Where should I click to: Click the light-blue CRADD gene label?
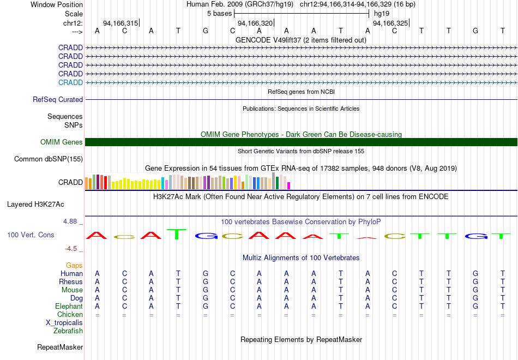[x=70, y=82]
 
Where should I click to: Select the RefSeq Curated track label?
[x=58, y=100]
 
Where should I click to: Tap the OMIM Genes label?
[x=62, y=142]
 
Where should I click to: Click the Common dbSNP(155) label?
[x=48, y=159]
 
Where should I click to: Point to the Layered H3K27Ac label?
[x=35, y=205]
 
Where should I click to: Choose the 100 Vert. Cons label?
[x=31, y=235]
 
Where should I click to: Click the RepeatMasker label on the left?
[x=60, y=347]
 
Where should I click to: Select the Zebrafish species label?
[x=68, y=331]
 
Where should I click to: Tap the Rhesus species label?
[x=71, y=281]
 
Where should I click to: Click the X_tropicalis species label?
[x=64, y=322]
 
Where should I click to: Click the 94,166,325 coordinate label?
[x=390, y=23]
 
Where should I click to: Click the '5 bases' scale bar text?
[x=220, y=13]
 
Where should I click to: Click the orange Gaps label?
[x=75, y=265]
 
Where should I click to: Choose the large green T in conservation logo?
[x=176, y=234]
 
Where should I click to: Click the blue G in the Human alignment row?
[x=206, y=273]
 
